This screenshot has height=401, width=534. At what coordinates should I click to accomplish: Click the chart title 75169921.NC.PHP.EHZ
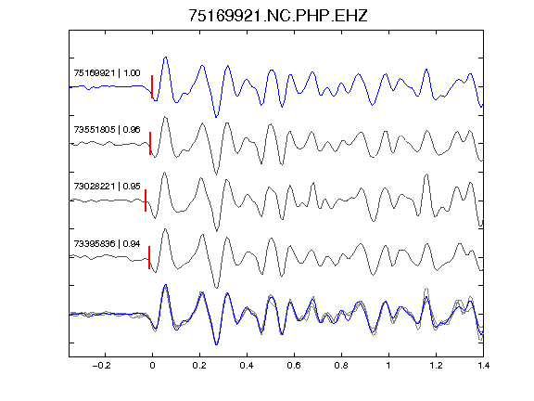(278, 16)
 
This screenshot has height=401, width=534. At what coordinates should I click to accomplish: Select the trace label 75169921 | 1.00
(107, 73)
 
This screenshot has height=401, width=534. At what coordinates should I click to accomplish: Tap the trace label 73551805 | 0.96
(107, 130)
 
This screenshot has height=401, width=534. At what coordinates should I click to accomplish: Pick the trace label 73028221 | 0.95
(107, 187)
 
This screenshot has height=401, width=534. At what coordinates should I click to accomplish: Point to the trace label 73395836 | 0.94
(107, 243)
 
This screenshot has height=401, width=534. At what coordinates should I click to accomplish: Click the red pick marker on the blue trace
(152, 87)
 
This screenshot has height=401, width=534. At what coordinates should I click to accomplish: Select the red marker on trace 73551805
(150, 144)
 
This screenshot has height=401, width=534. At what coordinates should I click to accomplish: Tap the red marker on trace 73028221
(146, 200)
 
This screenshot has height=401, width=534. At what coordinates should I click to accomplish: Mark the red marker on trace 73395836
(149, 257)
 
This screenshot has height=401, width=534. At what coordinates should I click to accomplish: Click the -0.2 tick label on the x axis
(101, 366)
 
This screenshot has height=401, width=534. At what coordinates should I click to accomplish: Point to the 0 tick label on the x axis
(152, 366)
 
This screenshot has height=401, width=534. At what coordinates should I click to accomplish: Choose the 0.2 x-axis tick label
(199, 366)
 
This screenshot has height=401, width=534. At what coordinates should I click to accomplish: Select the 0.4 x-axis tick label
(247, 366)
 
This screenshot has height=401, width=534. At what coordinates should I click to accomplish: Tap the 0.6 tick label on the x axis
(294, 366)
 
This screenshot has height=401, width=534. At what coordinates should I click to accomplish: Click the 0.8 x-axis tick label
(341, 366)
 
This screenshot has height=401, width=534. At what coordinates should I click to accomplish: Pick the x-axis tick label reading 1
(388, 366)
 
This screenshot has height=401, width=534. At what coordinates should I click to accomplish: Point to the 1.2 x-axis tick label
(436, 366)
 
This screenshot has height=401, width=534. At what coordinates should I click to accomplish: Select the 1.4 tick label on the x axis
(483, 366)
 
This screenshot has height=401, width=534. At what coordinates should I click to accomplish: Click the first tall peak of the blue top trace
(166, 58)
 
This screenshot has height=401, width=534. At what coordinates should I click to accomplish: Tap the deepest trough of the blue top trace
(216, 117)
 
